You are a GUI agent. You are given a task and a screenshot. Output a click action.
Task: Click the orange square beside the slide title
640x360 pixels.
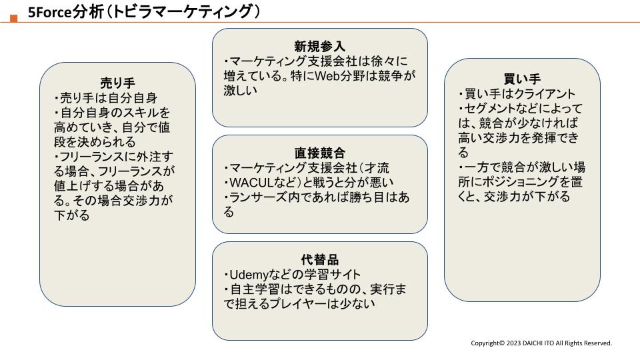tap(14, 19)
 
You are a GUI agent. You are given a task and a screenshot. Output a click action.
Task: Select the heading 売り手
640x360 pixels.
tap(117, 83)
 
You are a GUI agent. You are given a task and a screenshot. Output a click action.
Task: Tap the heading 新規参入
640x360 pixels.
tap(319, 46)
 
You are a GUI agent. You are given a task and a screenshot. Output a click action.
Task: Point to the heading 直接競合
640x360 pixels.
tap(319, 153)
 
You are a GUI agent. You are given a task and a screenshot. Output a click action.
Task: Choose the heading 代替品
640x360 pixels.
tap(319, 259)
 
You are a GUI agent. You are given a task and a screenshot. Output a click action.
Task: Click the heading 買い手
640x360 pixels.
tap(522, 79)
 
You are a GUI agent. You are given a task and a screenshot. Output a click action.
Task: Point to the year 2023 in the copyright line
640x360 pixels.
tap(513, 343)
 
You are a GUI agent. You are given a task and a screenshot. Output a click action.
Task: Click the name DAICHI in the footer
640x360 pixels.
tap(533, 343)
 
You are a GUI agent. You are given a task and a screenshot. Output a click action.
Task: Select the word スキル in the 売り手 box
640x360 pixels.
tap(141, 113)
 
